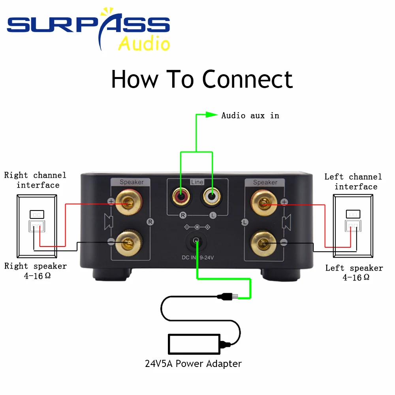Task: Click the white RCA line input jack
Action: click(212, 195)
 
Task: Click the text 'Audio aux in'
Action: click(250, 115)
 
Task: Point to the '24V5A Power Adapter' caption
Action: click(193, 363)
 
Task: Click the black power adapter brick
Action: click(194, 344)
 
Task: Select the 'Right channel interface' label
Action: click(36, 180)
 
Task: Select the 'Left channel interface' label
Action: click(354, 181)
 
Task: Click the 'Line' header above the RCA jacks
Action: click(197, 182)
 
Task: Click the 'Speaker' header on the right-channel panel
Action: click(132, 182)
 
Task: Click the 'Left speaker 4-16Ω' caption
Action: click(354, 273)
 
